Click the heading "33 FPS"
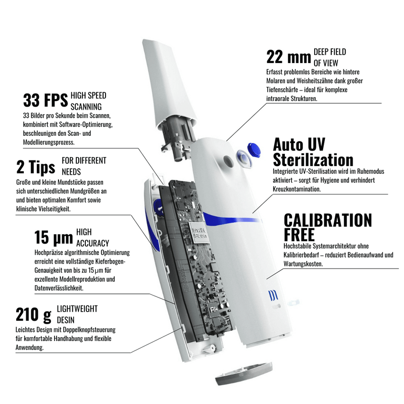point(45,100)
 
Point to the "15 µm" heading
point(54,237)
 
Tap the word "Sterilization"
point(313,160)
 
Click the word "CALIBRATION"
point(328,220)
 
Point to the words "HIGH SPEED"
point(88,95)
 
